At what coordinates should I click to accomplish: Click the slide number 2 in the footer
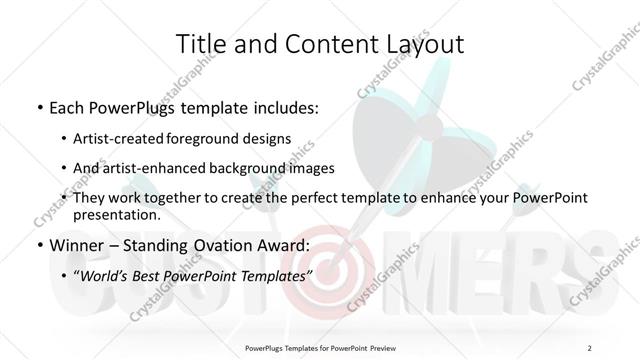click(x=590, y=347)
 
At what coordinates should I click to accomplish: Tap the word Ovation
click(x=217, y=244)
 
